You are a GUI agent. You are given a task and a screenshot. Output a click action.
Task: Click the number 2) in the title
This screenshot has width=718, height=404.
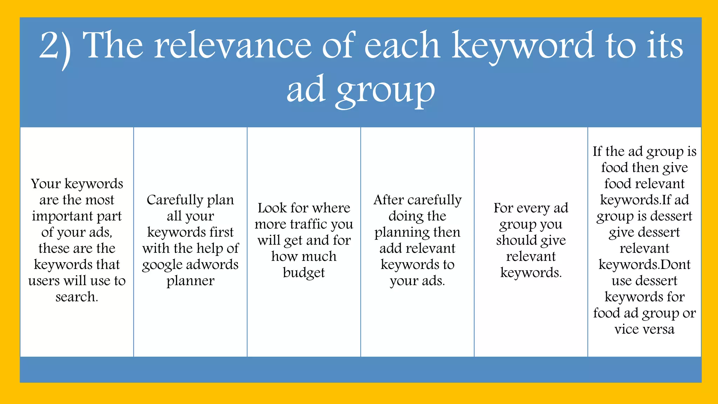click(55, 47)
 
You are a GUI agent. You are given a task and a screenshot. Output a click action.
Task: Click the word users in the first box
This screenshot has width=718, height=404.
click(43, 281)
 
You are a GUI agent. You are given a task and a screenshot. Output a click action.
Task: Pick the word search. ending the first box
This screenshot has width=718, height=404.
click(77, 297)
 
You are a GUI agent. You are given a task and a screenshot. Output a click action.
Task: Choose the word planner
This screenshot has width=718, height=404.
click(190, 281)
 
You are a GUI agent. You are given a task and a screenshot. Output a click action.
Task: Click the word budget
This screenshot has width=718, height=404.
click(304, 272)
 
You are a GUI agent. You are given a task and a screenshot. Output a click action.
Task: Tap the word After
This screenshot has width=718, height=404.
click(388, 200)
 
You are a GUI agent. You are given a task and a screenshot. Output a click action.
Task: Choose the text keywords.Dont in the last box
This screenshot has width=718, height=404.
click(644, 264)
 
